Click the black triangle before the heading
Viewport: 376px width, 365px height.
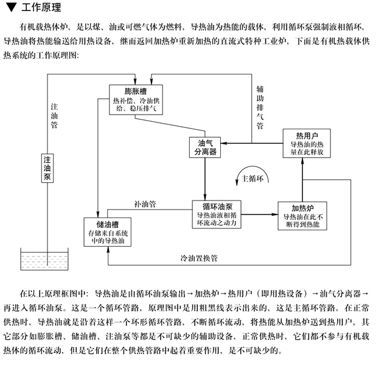click(x=10, y=8)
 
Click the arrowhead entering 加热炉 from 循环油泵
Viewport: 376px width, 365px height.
click(x=274, y=214)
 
